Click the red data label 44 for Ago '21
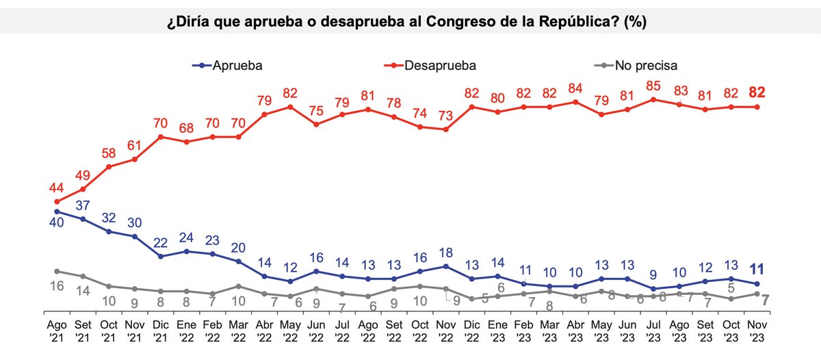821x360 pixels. pyautogui.click(x=57, y=188)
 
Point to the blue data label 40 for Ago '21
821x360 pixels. pyautogui.click(x=57, y=224)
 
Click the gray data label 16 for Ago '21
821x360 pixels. pyautogui.click(x=57, y=286)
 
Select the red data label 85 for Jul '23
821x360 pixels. pyautogui.click(x=653, y=86)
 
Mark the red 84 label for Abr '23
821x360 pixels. pyautogui.click(x=575, y=88)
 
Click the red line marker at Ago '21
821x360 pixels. pyautogui.click(x=57, y=202)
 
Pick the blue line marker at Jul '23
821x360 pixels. pyautogui.click(x=653, y=289)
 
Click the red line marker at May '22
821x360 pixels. pyautogui.click(x=290, y=107)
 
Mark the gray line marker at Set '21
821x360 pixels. pyautogui.click(x=83, y=277)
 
